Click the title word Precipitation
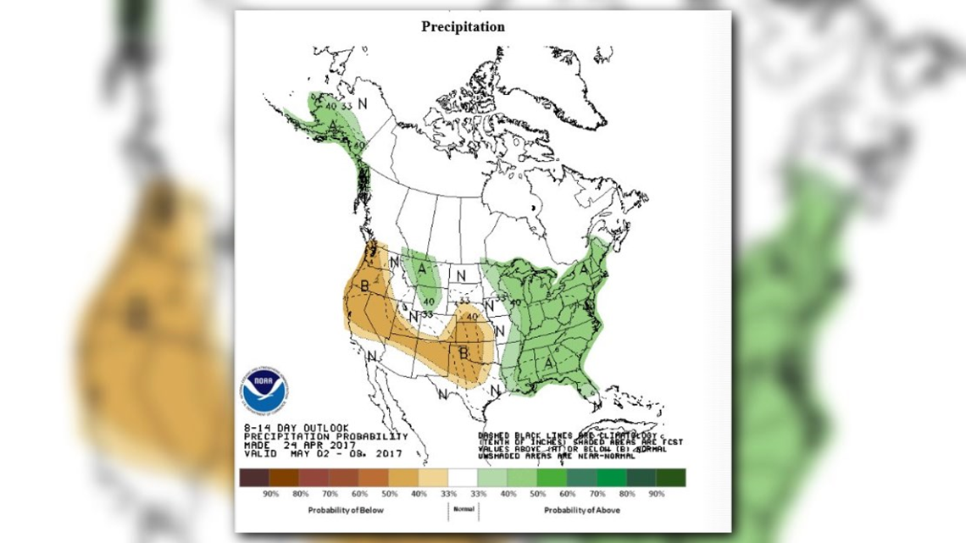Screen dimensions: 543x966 tap(463, 26)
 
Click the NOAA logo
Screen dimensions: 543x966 tap(264, 390)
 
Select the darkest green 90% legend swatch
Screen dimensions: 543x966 tap(671, 478)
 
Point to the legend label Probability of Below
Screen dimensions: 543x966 tap(346, 510)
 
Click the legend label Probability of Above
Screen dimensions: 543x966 tap(581, 510)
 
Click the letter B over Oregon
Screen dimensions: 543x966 tap(365, 286)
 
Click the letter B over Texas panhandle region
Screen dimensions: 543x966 tap(463, 352)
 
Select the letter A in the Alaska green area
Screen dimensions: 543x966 tap(335, 127)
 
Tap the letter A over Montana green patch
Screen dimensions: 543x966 tap(420, 269)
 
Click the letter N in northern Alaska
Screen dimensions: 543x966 tap(362, 104)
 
